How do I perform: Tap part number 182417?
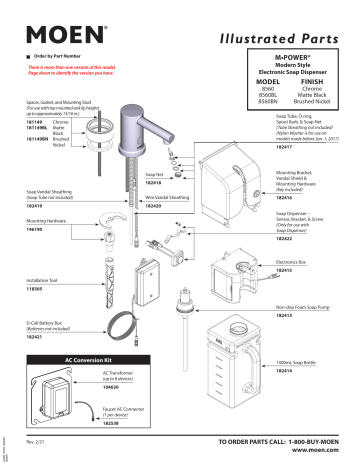[x=286, y=146]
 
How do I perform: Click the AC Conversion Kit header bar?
[x=89, y=357]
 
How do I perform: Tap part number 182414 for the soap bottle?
[x=286, y=370]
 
